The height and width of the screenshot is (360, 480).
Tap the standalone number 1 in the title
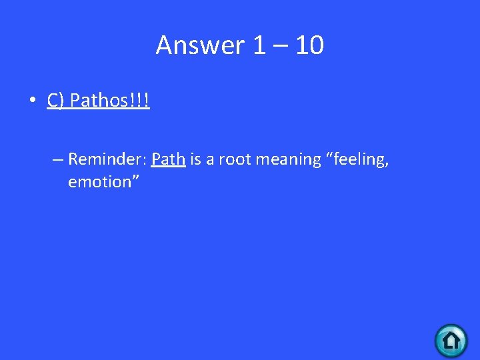pyautogui.click(x=259, y=45)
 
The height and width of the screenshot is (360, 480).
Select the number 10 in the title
pyautogui.click(x=309, y=45)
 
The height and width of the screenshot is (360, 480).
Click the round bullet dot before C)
pyautogui.click(x=31, y=101)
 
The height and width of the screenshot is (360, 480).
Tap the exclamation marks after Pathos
pyautogui.click(x=141, y=101)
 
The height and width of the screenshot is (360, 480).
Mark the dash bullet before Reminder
pyautogui.click(x=57, y=160)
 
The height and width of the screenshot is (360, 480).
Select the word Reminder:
pyautogui.click(x=107, y=159)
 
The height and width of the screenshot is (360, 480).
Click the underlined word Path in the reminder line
pyautogui.click(x=168, y=159)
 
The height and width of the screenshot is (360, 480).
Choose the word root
pyautogui.click(x=236, y=159)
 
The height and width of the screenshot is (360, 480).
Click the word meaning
pyautogui.click(x=289, y=160)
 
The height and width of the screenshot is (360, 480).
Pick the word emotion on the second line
pyautogui.click(x=99, y=182)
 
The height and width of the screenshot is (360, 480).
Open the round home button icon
pyautogui.click(x=451, y=340)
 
